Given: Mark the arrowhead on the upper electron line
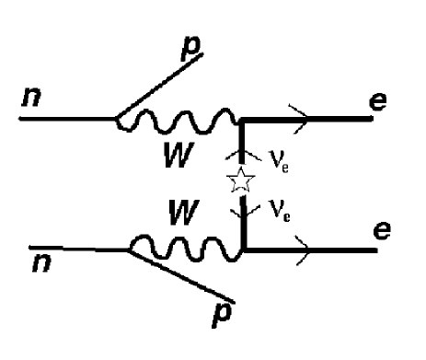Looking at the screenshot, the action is tap(301, 118).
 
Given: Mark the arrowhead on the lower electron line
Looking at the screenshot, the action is tap(299, 246).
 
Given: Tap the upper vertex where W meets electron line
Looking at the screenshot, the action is tap(241, 119).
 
